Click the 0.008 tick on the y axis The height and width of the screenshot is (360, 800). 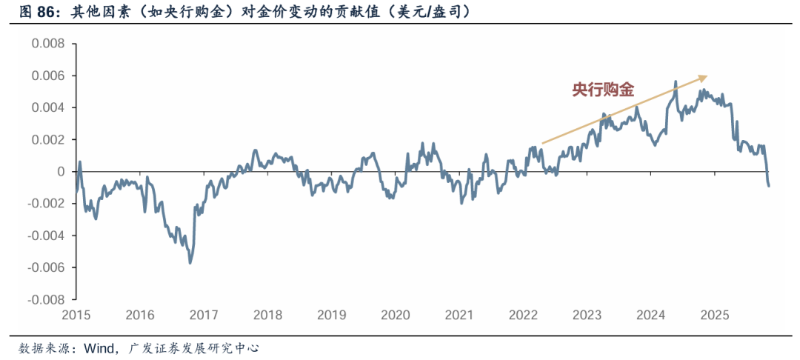pos(47,44)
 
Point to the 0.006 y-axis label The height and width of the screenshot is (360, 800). pos(47,76)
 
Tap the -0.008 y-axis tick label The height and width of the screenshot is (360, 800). pos(46,299)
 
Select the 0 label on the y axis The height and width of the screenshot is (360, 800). pos(62,172)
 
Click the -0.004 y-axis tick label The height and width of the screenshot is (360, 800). pos(46,236)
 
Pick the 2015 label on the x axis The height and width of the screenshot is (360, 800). pos(76,315)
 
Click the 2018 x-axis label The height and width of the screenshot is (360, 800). pos(267,315)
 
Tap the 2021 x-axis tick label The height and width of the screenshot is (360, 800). pos(459,315)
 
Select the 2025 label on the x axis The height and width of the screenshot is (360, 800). pos(715,315)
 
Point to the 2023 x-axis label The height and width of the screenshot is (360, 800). pos(587,315)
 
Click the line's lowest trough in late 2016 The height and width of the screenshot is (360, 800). pos(190,262)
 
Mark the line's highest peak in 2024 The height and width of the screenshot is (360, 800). pos(676,82)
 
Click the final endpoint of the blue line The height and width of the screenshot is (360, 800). pos(768,185)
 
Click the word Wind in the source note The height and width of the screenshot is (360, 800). pos(98,347)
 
